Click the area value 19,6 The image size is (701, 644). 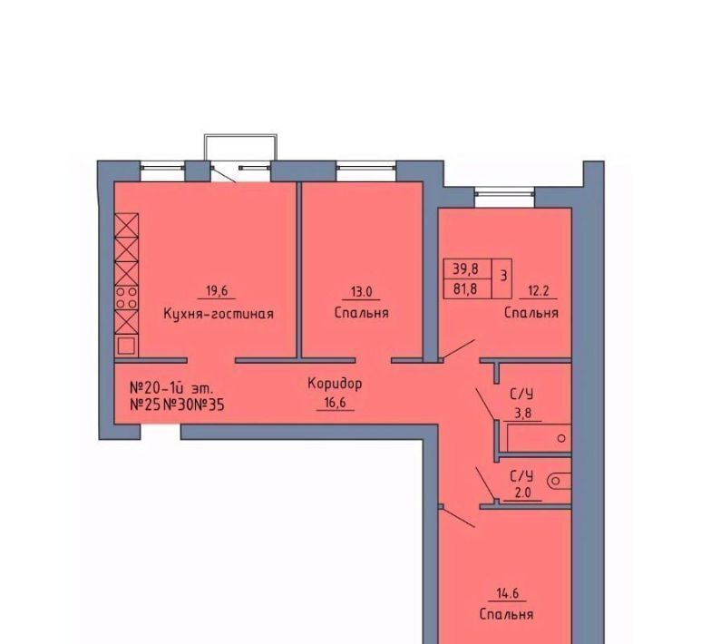tap(217, 291)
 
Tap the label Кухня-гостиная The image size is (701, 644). tap(219, 314)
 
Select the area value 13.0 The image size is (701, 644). tap(361, 292)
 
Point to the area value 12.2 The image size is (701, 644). tap(539, 291)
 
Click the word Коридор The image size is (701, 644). tap(335, 384)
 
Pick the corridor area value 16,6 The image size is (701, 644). tap(335, 404)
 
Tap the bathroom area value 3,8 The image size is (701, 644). tap(522, 414)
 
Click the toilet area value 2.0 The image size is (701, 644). tap(522, 493)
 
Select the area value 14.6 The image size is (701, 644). tap(508, 593)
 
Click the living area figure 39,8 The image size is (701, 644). tap(466, 268)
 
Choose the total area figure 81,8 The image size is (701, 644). tap(465, 289)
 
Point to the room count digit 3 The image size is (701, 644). tap(503, 276)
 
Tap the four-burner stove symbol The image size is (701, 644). tap(127, 298)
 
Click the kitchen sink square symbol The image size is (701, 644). tap(127, 346)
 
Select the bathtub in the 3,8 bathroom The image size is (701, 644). tap(539, 438)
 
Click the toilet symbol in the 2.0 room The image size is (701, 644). tap(559, 481)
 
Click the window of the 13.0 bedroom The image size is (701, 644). tap(365, 168)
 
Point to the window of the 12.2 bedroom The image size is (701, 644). tap(505, 193)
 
